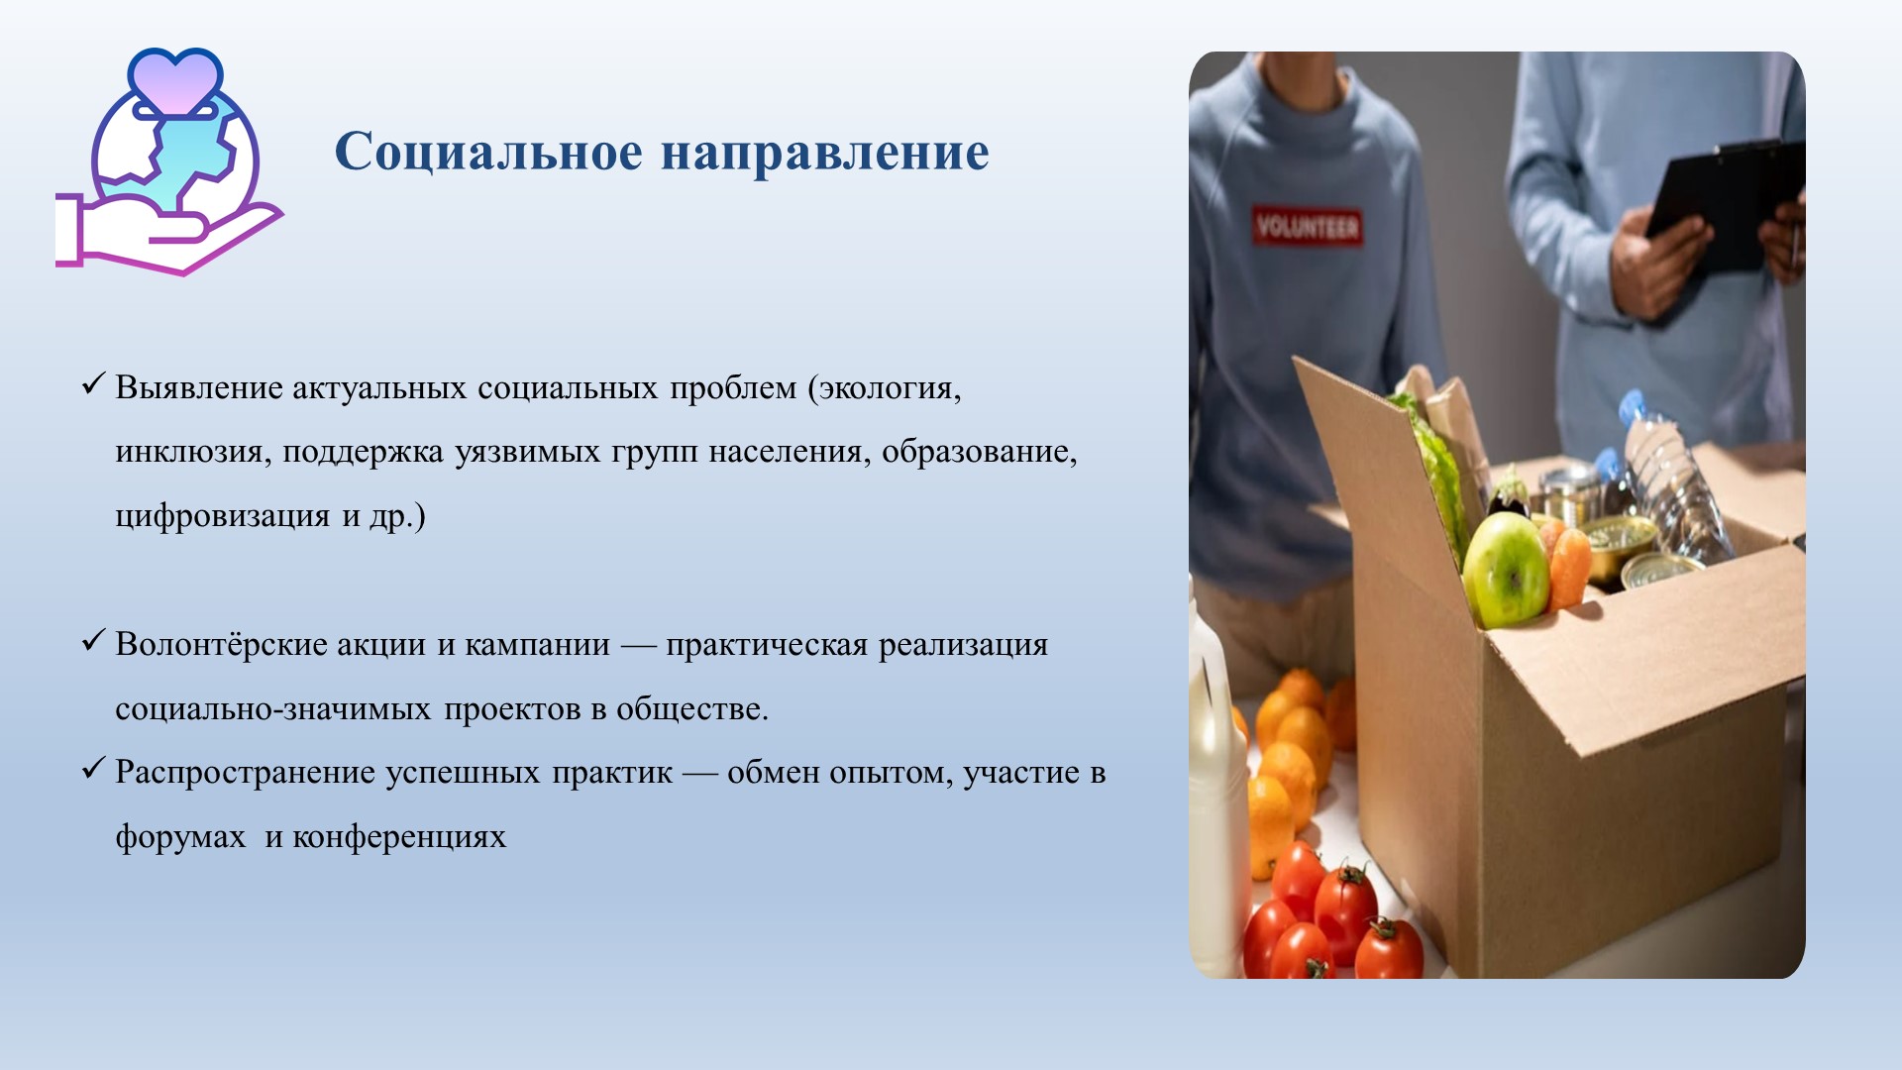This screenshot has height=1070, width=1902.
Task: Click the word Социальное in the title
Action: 488,152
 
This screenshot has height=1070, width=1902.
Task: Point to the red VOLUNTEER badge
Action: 1307,227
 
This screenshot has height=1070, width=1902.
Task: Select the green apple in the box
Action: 1505,570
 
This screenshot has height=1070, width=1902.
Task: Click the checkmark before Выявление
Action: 93,383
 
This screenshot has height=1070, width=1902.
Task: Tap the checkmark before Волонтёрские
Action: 93,641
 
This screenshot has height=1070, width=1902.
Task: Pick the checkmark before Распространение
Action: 93,769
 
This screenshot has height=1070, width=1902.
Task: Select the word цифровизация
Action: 223,517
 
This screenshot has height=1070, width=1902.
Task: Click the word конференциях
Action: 399,838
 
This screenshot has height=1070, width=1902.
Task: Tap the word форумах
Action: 180,838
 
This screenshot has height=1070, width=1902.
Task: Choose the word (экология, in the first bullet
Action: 885,387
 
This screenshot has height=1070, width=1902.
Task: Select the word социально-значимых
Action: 273,709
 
